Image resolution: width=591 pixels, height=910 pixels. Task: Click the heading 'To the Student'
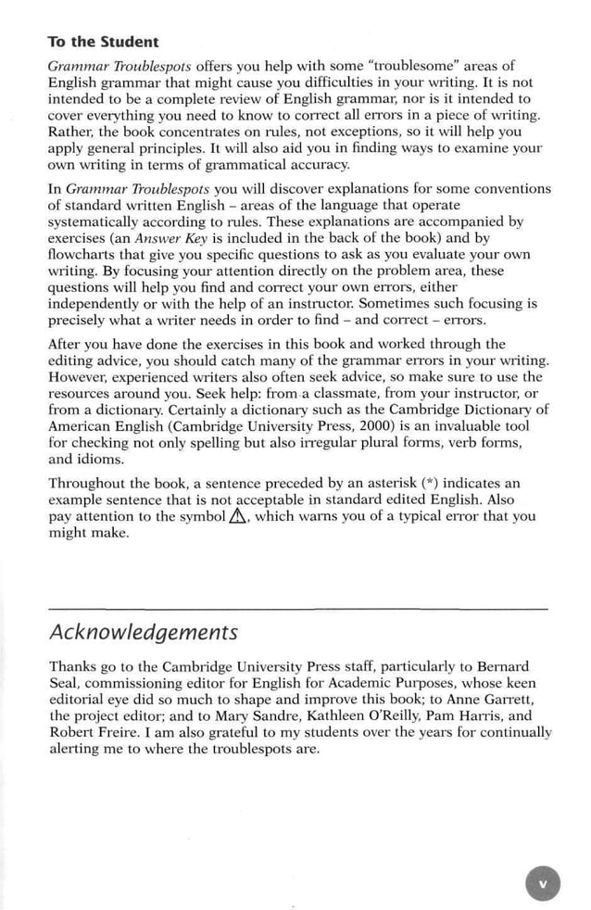pyautogui.click(x=103, y=42)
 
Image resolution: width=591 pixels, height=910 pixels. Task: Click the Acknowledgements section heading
pyautogui.click(x=143, y=632)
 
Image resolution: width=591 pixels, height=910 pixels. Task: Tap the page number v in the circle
pyautogui.click(x=543, y=883)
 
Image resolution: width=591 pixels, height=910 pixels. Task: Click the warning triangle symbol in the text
pyautogui.click(x=238, y=517)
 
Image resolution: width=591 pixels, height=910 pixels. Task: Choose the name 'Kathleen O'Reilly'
pyautogui.click(x=329, y=716)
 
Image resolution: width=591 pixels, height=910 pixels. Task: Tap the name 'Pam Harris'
pyautogui.click(x=449, y=716)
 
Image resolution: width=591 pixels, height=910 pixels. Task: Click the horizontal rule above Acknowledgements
pyautogui.click(x=296, y=607)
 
